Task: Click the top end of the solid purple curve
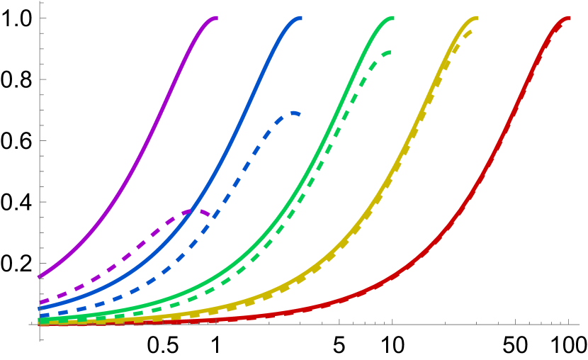[x=216, y=18]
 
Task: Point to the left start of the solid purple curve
[x=40, y=276]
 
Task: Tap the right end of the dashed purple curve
[x=210, y=215]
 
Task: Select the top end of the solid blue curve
[x=300, y=18]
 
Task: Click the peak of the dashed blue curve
[x=292, y=113]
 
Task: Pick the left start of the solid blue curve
[x=40, y=308]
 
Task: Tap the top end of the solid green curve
[x=392, y=18]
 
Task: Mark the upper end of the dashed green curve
[x=390, y=52]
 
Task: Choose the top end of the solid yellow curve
[x=477, y=18]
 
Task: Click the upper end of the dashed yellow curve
[x=471, y=30]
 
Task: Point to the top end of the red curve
[x=569, y=18]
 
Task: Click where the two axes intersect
[x=40, y=325]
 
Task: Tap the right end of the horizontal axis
[x=579, y=325]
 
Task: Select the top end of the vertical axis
[x=40, y=1]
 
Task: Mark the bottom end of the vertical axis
[x=40, y=342]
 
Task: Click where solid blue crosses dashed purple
[x=191, y=211]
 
